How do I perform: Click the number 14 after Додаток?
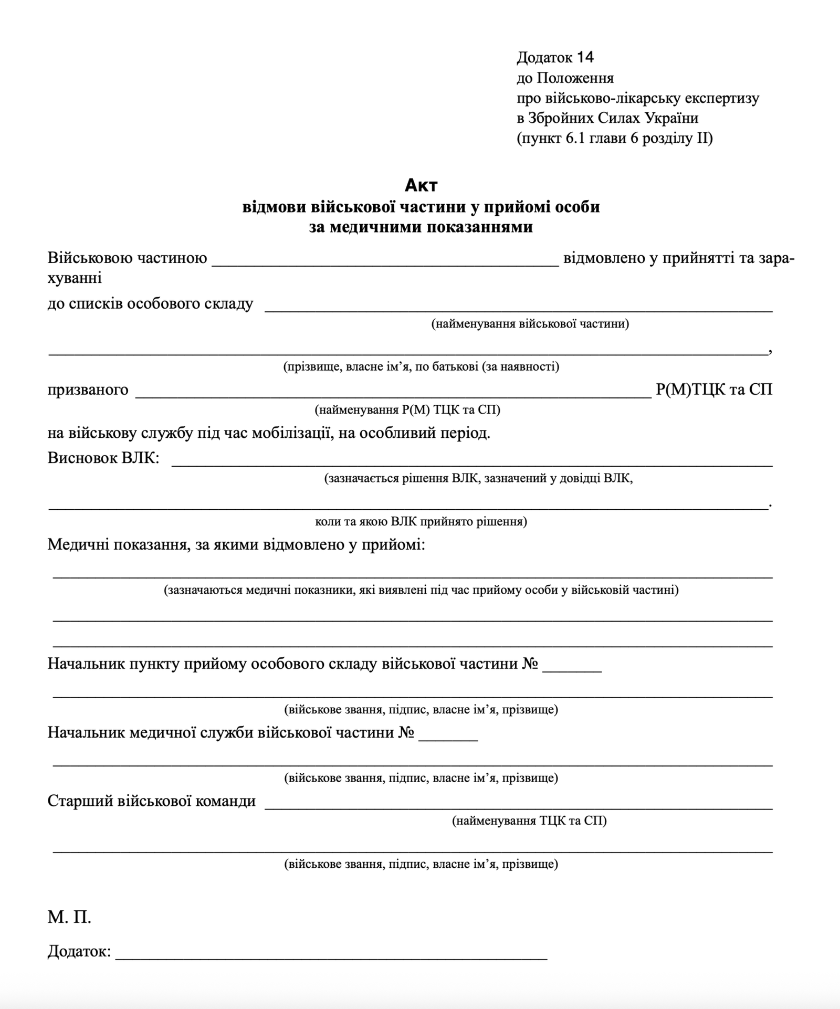[585, 57]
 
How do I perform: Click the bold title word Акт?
[421, 185]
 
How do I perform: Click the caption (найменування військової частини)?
[530, 323]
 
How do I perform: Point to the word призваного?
[88, 390]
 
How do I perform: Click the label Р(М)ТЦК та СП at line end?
[714, 390]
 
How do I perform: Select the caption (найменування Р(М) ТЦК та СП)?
[407, 409]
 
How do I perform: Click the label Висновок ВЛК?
[103, 458]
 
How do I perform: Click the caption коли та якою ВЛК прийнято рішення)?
[421, 521]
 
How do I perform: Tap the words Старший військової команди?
[152, 801]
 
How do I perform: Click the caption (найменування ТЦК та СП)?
[529, 821]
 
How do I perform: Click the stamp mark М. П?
[69, 917]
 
